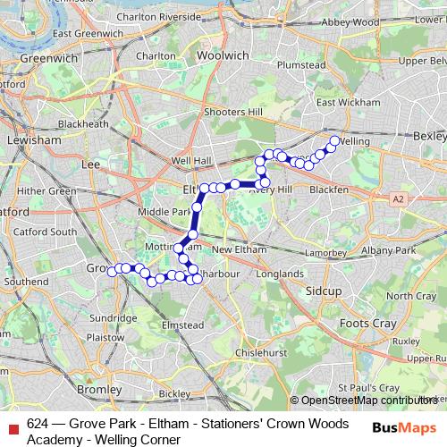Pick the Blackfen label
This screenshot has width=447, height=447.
pos(330,190)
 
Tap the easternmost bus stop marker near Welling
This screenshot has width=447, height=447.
pos(335,140)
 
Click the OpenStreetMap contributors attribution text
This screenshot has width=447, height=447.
pos(367,401)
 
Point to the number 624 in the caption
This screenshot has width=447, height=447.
pos(38,424)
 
